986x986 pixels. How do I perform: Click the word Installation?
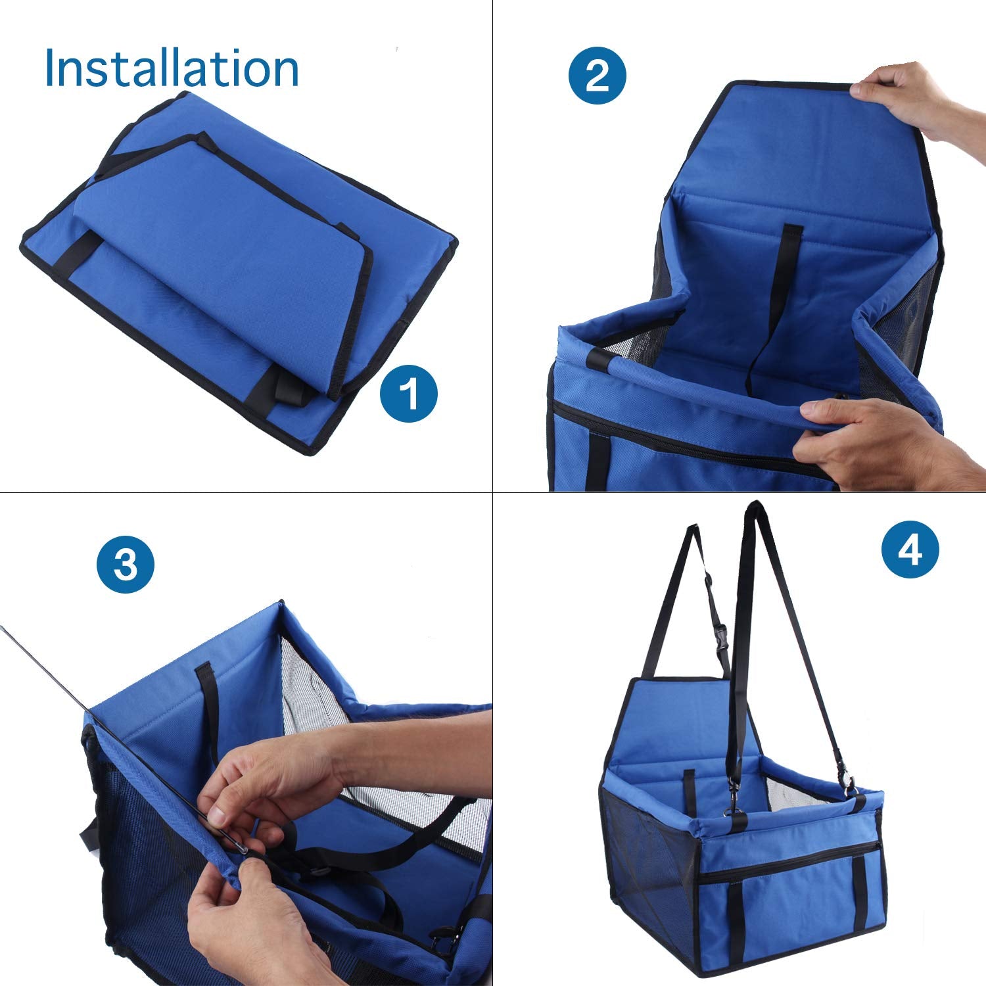tap(172, 68)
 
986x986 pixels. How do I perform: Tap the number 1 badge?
tap(409, 395)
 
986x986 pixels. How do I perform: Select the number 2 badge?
tap(597, 76)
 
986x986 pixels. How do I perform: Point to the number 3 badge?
tap(125, 564)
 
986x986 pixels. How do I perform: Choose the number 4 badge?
tap(910, 549)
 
